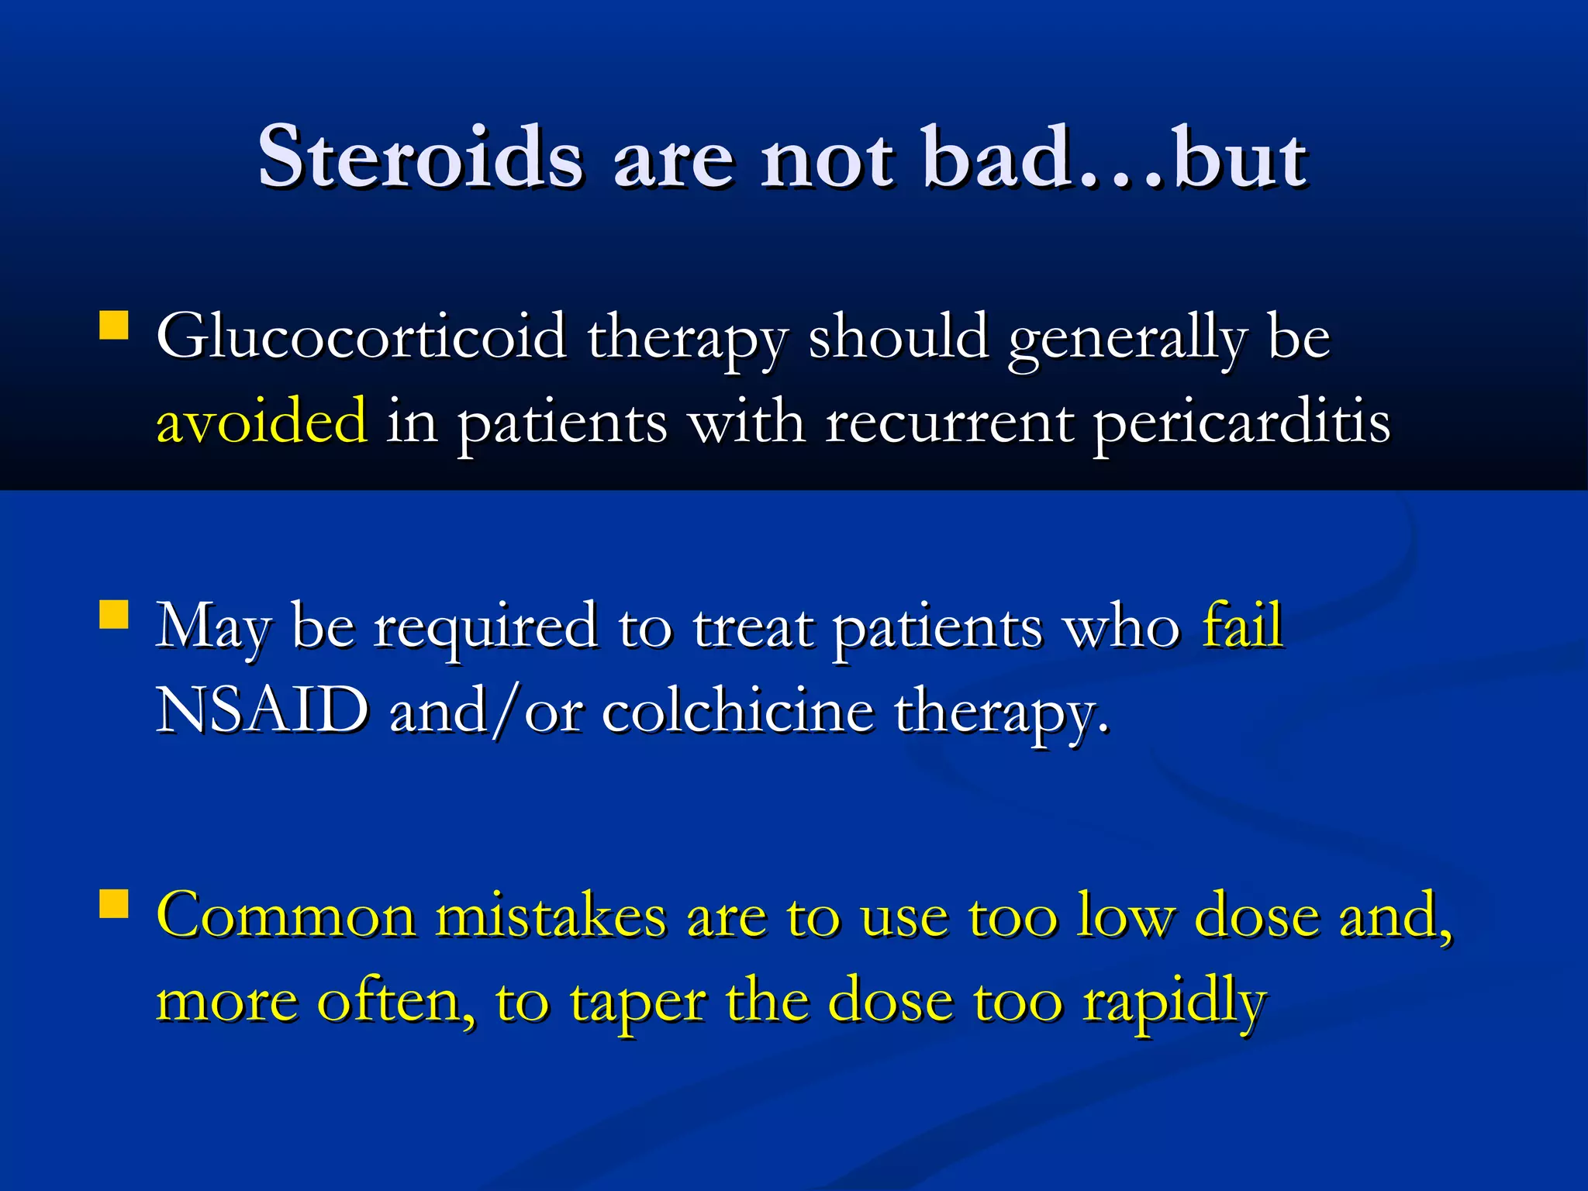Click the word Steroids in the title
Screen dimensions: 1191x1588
pyautogui.click(x=419, y=157)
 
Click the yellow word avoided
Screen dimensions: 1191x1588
pyautogui.click(x=262, y=421)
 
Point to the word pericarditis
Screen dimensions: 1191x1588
pyautogui.click(x=1241, y=423)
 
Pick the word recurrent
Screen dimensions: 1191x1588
pyautogui.click(x=949, y=423)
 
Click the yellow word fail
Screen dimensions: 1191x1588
pyautogui.click(x=1243, y=625)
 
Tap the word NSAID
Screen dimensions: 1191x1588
pyautogui.click(x=262, y=710)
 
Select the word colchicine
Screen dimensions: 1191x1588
pyautogui.click(x=737, y=710)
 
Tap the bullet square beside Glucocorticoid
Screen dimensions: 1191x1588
pyautogui.click(x=114, y=326)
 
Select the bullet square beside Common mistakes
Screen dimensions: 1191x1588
pyautogui.click(x=114, y=904)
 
